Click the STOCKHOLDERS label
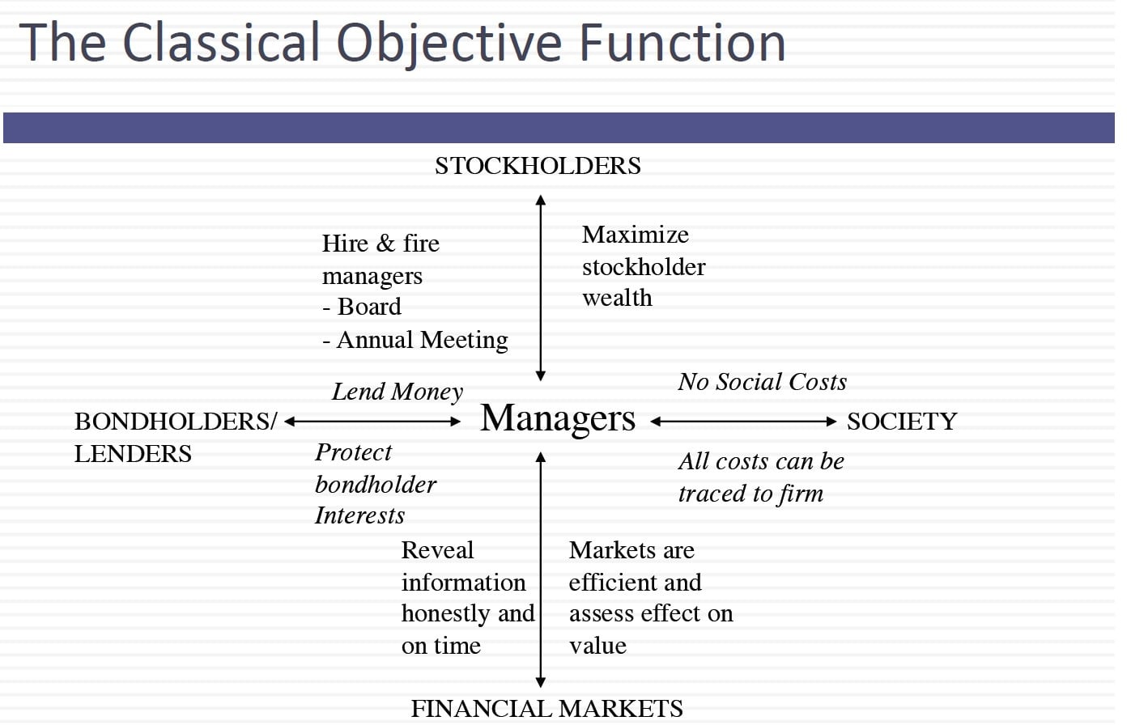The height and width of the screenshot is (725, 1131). tap(538, 166)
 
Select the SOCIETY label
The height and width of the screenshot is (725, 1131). tap(902, 422)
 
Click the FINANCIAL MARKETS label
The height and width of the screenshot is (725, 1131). tap(546, 708)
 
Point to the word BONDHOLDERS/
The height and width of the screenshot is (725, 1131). tap(176, 422)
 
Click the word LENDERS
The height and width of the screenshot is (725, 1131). tap(133, 454)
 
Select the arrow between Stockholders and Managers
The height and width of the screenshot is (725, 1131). tap(540, 288)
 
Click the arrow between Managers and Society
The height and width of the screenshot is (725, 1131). tap(743, 422)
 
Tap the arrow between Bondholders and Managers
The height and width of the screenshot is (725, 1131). tap(372, 422)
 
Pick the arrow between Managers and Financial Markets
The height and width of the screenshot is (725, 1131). tap(540, 570)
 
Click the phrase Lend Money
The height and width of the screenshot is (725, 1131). tap(398, 392)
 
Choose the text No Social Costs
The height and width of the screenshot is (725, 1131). tap(763, 382)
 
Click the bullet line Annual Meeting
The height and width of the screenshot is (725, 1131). tap(415, 340)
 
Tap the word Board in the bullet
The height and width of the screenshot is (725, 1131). tap(369, 307)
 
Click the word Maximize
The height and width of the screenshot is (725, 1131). tap(636, 235)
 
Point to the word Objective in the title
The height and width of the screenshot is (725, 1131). tap(449, 44)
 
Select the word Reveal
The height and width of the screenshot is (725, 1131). tap(437, 550)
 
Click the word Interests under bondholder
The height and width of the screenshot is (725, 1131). tap(359, 515)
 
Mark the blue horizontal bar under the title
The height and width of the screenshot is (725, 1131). tap(559, 128)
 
